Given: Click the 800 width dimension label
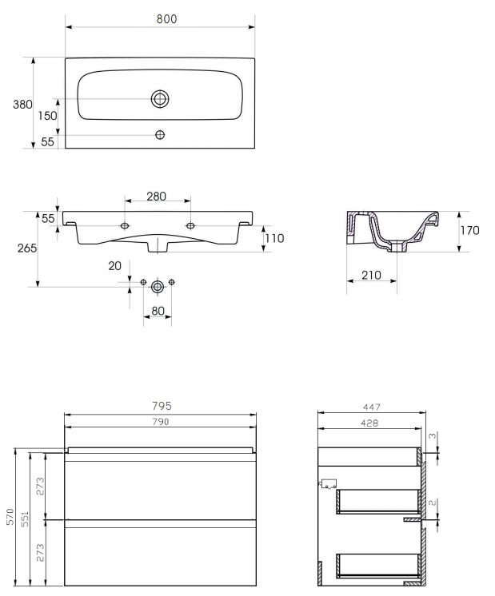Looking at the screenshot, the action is coord(166,18).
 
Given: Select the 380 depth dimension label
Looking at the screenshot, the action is coord(22,104).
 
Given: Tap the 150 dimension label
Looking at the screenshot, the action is coord(47,116).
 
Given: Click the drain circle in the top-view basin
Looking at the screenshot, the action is coord(160,99).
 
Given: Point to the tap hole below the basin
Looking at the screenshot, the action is coord(160,134).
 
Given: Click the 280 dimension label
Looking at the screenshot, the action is coord(157,196).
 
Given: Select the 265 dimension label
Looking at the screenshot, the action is coord(27,248).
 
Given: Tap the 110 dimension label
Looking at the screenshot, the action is coord(275,238).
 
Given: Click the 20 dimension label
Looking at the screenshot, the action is coord(114,266).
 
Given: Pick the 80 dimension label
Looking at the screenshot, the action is coord(158,311).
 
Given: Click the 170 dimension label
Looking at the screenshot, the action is coord(470,230).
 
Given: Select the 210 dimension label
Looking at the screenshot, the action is coord(371,275).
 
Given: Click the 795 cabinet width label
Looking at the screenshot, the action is coord(162,406).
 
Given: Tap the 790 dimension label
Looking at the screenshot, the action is coord(161,422).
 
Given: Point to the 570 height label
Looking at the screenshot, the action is coord(10,517).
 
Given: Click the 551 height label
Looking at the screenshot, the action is coord(25,518).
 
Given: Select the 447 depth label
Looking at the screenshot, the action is coord(371,407).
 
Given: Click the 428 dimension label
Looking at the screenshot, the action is coord(369,423).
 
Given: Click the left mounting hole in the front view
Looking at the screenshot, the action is coord(125,226).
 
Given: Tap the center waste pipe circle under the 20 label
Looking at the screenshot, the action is coord(158,287).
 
